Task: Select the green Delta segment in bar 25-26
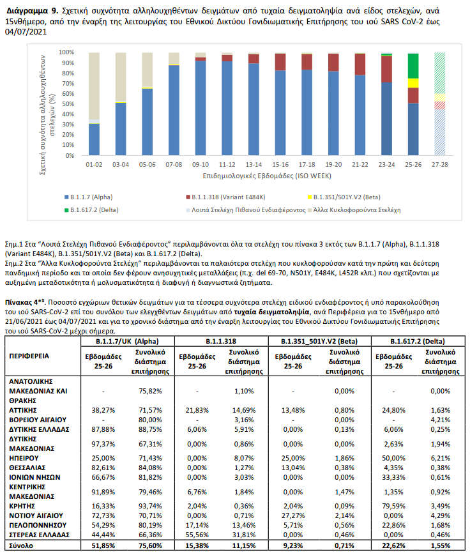[413, 66]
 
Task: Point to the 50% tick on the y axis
[67, 104]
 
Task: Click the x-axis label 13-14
[254, 164]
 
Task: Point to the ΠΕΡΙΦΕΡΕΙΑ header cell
[31, 355]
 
